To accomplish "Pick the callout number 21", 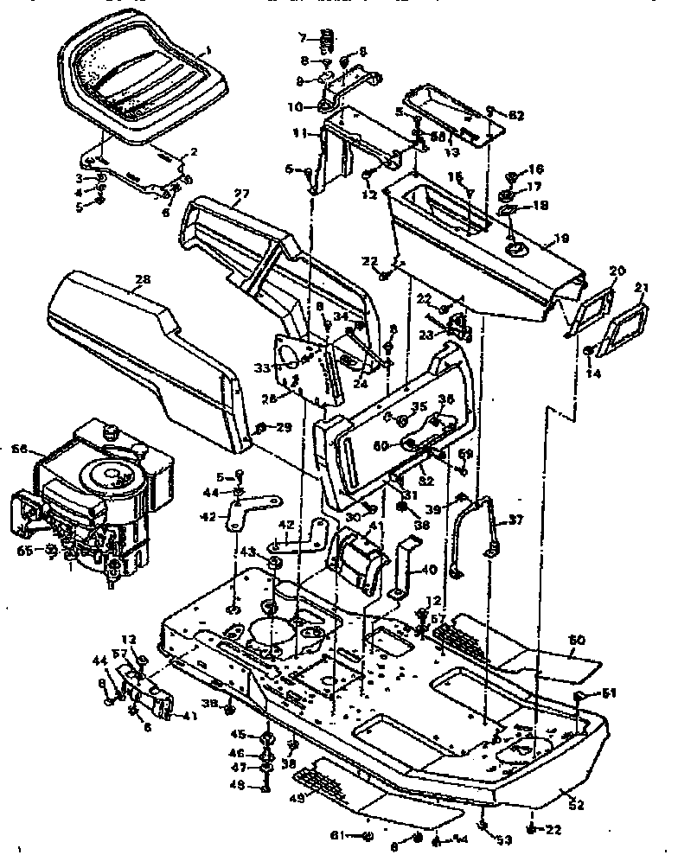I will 642,287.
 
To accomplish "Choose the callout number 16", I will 536,169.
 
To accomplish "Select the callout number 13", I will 451,151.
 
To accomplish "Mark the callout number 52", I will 576,805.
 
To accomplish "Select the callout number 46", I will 236,752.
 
